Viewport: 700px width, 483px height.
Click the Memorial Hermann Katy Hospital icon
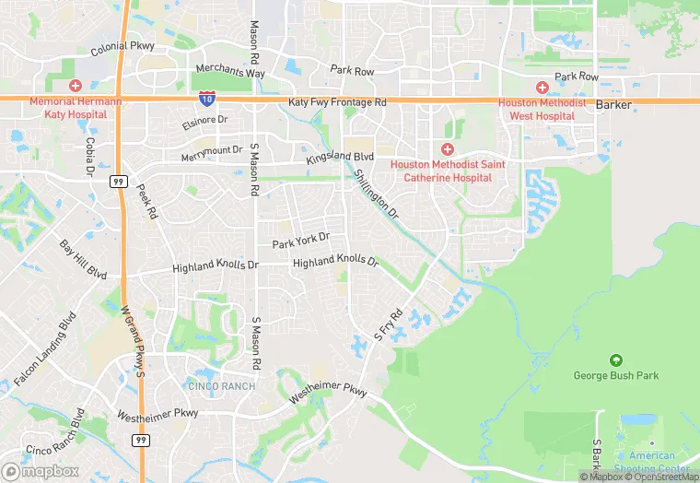click(x=75, y=85)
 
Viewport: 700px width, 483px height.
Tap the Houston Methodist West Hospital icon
click(x=542, y=87)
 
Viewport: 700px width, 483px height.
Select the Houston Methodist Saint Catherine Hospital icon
click(x=448, y=149)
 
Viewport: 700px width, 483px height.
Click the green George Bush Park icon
click(x=615, y=360)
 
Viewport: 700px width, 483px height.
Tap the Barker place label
click(x=614, y=105)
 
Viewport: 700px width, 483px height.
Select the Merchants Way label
click(x=229, y=73)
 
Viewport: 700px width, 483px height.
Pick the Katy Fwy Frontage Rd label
click(x=337, y=102)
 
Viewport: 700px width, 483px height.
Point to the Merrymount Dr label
click(x=212, y=150)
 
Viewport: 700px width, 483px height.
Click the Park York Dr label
click(x=301, y=241)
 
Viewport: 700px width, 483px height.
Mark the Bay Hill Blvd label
click(x=83, y=260)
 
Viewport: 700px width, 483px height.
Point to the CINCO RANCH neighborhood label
click(x=221, y=385)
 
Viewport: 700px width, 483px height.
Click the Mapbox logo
click(x=41, y=470)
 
